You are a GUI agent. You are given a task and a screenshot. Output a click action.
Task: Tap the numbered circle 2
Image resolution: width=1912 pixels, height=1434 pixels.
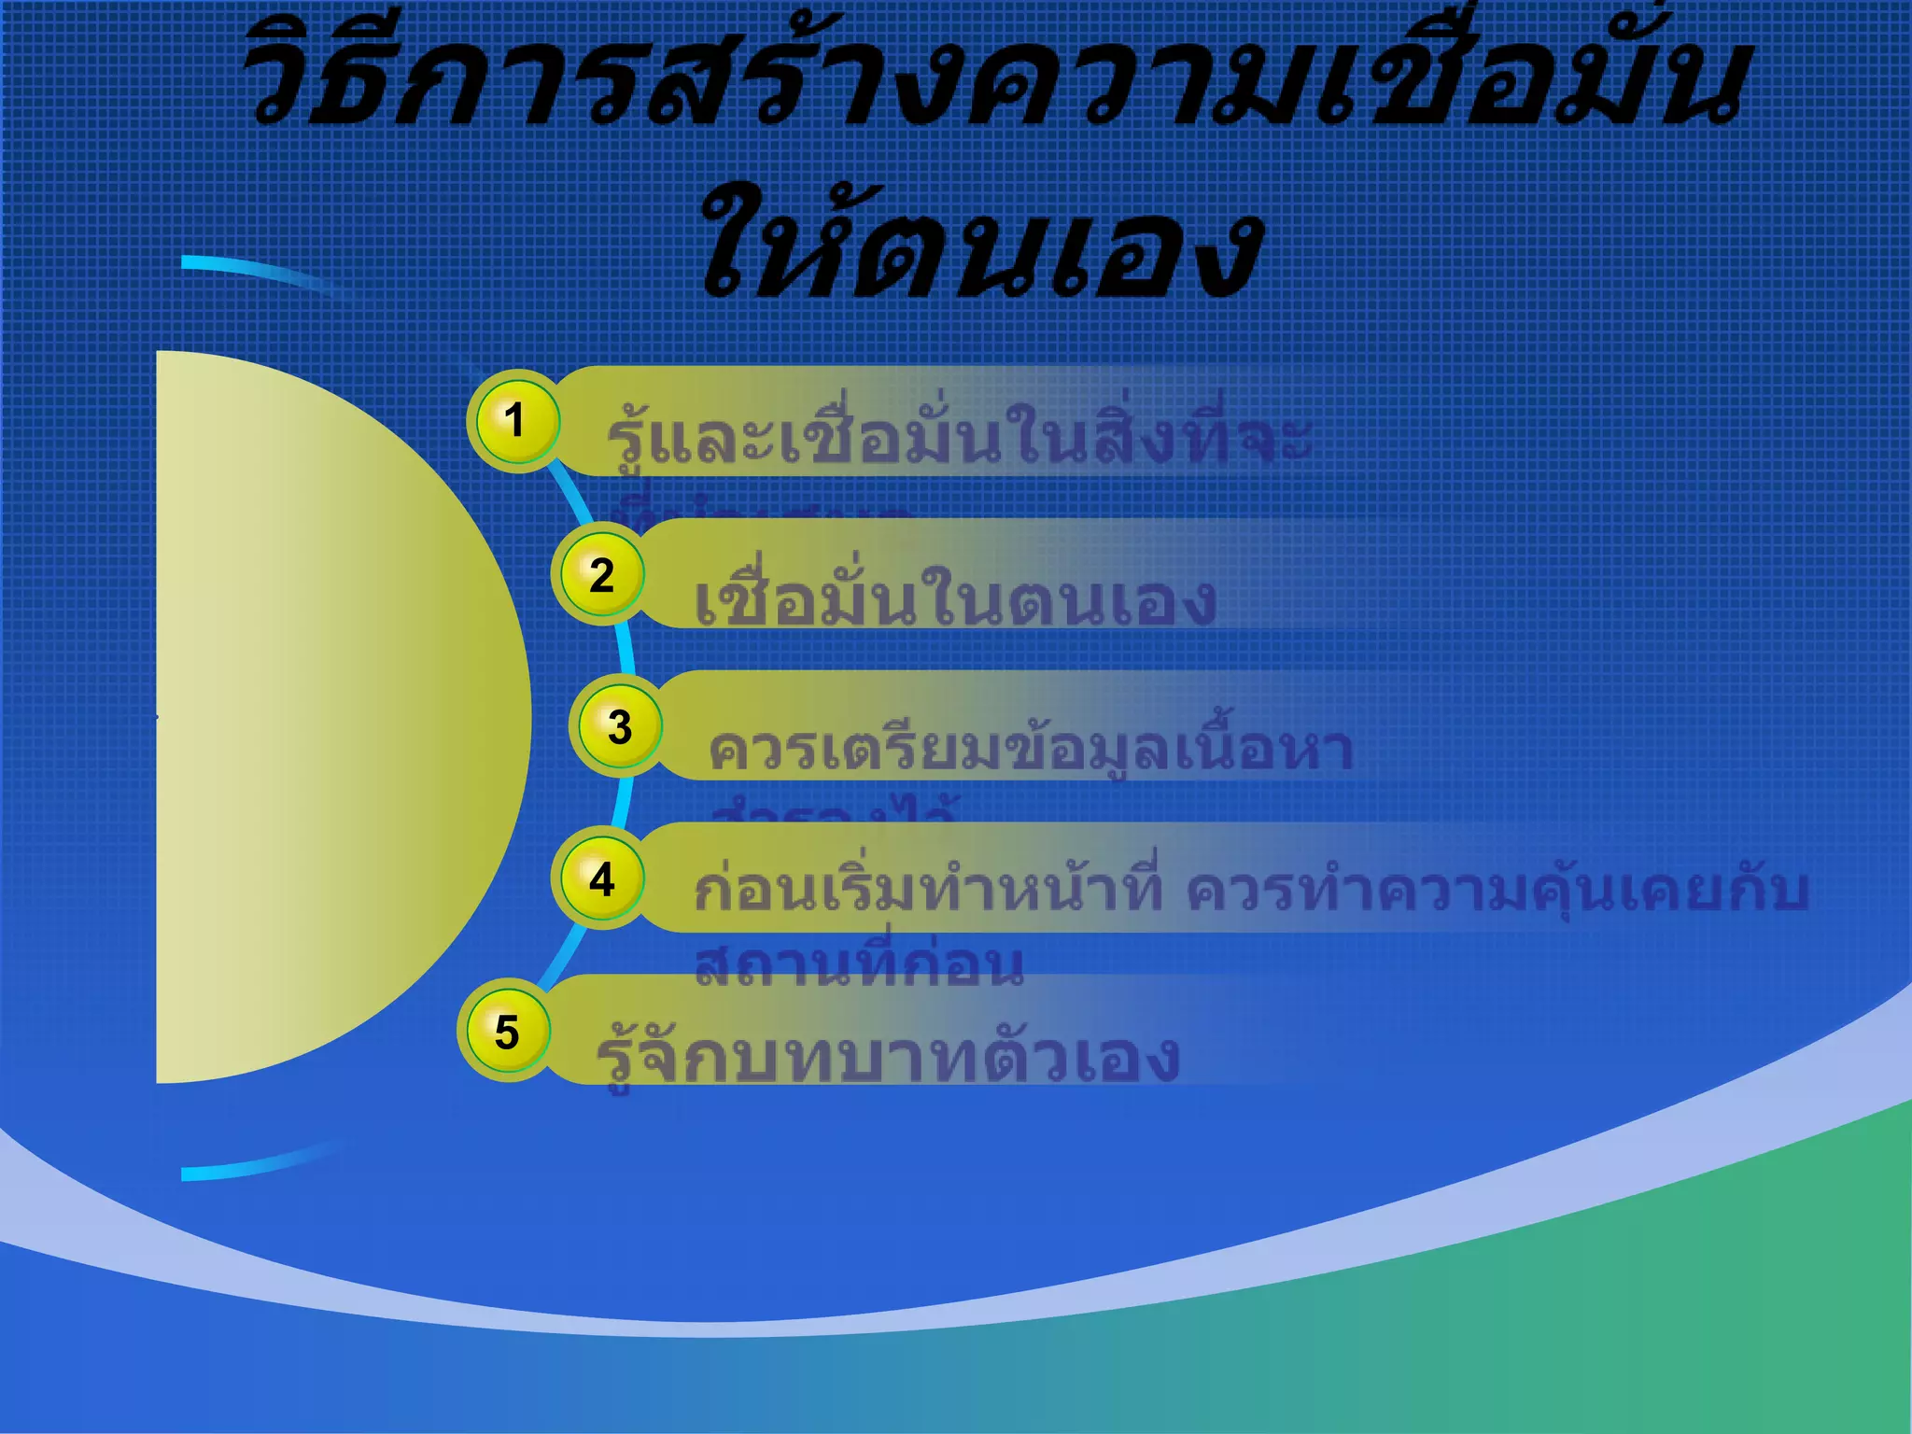[600, 574]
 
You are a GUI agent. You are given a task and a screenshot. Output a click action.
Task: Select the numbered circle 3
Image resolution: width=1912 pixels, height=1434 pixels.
[619, 726]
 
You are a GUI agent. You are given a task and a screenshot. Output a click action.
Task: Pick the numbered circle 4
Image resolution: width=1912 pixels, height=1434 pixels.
[601, 879]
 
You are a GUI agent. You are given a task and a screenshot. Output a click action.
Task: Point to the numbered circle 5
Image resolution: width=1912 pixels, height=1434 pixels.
[506, 1032]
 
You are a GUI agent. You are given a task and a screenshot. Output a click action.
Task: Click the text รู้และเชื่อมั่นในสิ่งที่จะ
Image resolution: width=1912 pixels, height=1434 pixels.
[958, 439]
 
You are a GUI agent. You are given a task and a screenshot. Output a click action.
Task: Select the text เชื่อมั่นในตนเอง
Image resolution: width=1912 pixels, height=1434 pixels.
[954, 600]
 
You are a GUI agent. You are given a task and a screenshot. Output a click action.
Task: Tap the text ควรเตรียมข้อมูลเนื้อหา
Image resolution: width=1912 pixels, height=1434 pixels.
[1031, 749]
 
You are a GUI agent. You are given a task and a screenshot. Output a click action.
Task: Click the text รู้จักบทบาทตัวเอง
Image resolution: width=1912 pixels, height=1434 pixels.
[887, 1057]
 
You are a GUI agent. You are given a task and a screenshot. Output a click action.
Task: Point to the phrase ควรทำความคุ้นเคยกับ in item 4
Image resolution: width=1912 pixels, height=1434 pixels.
[1497, 890]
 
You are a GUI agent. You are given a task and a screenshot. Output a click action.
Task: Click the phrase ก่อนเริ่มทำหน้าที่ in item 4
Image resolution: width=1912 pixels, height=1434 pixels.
[928, 890]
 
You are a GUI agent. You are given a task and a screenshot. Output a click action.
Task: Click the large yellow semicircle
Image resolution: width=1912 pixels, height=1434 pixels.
[327, 717]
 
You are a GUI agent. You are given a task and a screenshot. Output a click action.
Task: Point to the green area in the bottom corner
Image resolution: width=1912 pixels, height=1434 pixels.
[1727, 1307]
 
